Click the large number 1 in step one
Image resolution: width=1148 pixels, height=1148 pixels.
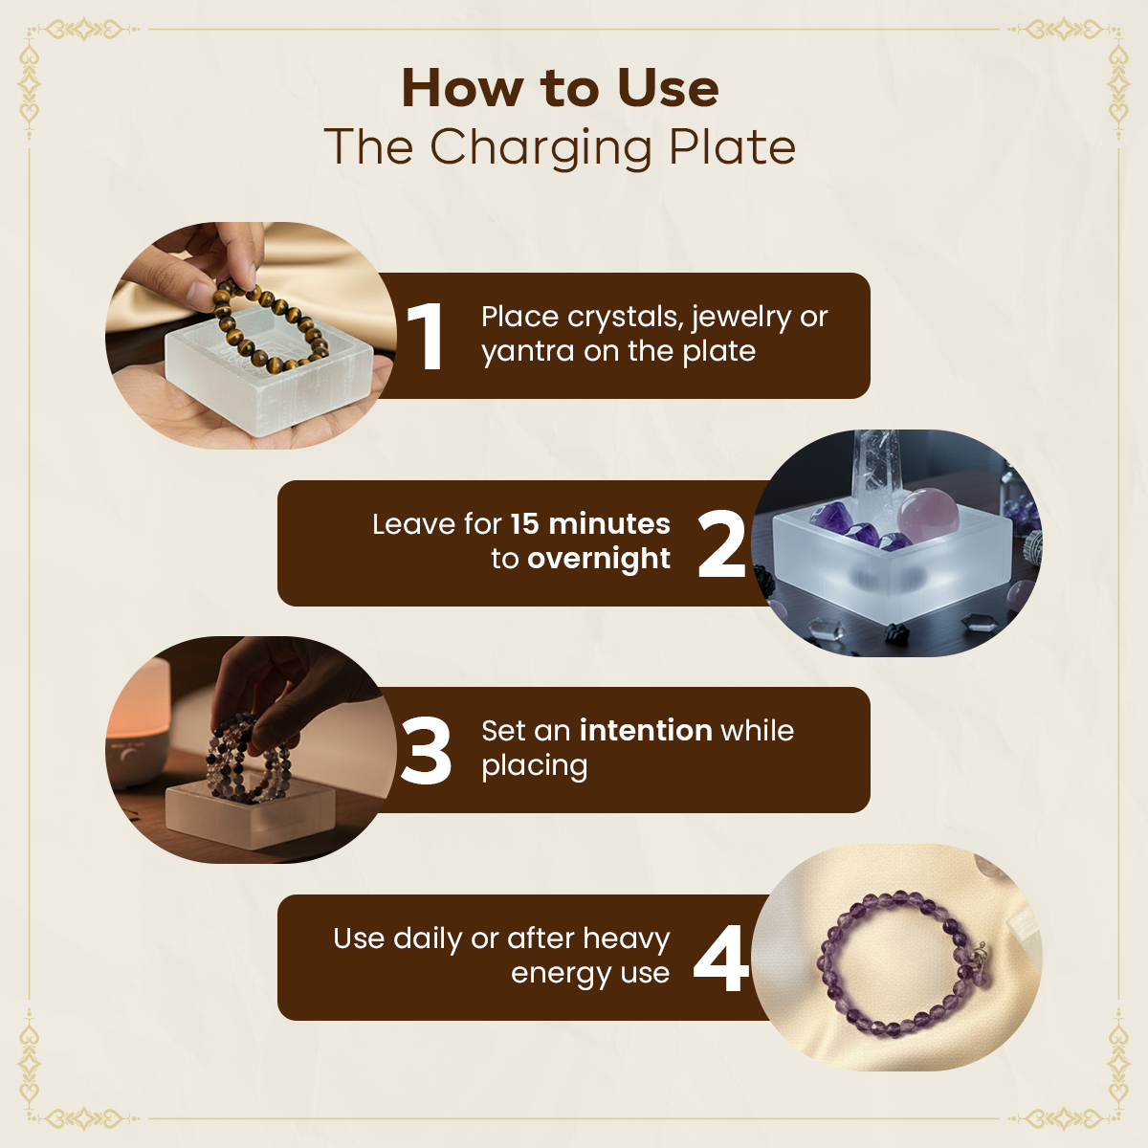(426, 336)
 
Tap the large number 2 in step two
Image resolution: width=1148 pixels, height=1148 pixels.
(721, 543)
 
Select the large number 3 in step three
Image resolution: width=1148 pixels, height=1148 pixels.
(426, 751)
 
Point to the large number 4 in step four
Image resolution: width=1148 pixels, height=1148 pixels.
(720, 959)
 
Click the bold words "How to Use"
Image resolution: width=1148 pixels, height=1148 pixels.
(560, 88)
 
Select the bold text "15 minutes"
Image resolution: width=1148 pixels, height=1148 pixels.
(590, 523)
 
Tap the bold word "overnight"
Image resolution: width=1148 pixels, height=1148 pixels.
(599, 559)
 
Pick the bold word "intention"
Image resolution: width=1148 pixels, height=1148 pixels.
(646, 730)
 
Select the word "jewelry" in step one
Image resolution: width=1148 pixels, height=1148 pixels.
(741, 318)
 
